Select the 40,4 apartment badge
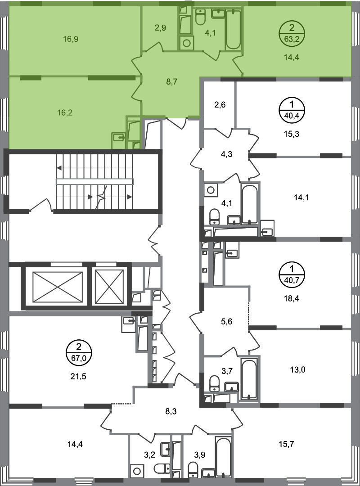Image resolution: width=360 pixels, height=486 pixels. (x=292, y=110)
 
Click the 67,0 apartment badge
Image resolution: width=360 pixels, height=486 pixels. (x=79, y=352)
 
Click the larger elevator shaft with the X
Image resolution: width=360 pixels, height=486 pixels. (x=58, y=287)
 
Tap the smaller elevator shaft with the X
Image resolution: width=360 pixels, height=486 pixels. (x=109, y=287)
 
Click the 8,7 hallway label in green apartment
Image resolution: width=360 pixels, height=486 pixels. (x=171, y=82)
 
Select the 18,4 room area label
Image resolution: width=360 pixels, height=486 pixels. (x=292, y=299)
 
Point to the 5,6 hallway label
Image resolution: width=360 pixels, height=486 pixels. (x=226, y=322)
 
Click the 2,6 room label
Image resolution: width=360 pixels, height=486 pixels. (x=220, y=105)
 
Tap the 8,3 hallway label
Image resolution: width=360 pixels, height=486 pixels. (x=171, y=412)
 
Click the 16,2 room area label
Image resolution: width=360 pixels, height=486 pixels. (x=65, y=112)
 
